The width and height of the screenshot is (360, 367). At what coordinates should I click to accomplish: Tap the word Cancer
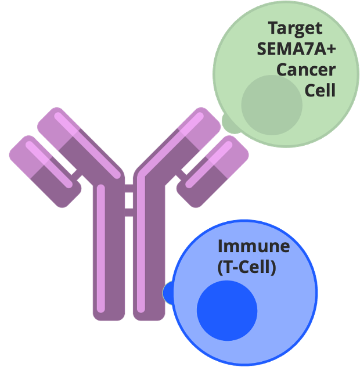tap(306, 70)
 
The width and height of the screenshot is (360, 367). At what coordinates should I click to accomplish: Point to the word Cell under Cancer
tap(320, 91)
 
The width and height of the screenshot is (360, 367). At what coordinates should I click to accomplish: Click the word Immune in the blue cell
tap(254, 246)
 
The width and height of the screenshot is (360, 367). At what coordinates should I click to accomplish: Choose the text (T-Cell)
tap(246, 268)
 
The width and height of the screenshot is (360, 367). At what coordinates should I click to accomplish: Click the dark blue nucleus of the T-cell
tap(227, 311)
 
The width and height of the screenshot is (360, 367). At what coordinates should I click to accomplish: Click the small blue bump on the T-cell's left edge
tap(168, 292)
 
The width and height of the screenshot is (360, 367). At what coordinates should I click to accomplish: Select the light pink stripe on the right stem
tap(141, 250)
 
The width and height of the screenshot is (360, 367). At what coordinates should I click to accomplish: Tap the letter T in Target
tap(272, 27)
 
